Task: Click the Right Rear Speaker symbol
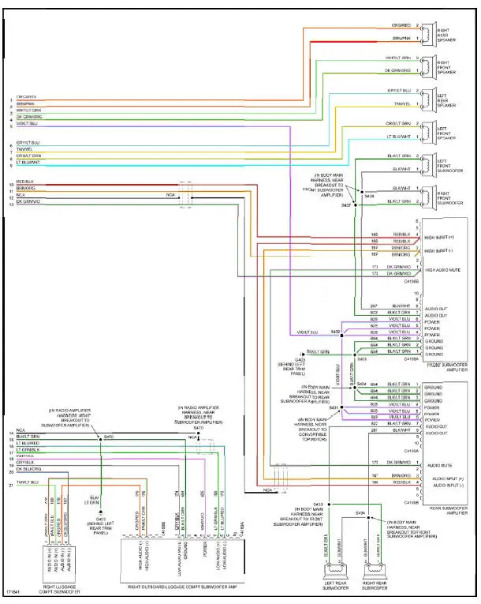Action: pyautogui.click(x=427, y=32)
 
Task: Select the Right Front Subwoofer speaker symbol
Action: pyautogui.click(x=427, y=195)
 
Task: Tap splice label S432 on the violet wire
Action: pyautogui.click(x=334, y=331)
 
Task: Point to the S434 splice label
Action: pyautogui.click(x=360, y=512)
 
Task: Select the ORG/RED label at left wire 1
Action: pyautogui.click(x=26, y=96)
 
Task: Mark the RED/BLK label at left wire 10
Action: pyautogui.click(x=25, y=182)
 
